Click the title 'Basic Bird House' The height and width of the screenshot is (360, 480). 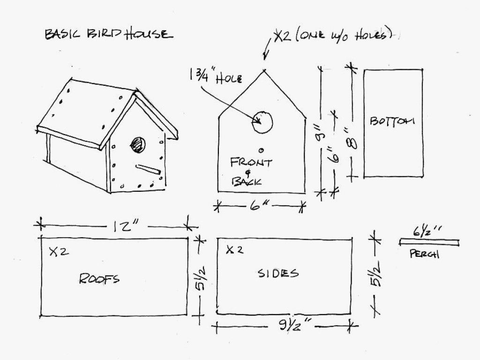[x=109, y=34]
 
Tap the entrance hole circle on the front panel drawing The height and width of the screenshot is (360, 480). [x=262, y=122]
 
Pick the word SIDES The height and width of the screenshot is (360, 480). [x=278, y=273]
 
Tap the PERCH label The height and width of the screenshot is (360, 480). [x=424, y=254]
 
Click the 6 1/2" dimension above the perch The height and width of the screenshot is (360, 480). [x=426, y=232]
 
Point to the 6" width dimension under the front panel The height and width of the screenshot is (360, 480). [x=259, y=206]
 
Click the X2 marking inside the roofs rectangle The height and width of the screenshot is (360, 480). [x=59, y=252]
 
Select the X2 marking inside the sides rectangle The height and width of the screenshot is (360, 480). [x=235, y=250]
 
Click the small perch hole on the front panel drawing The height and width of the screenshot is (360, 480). [x=261, y=150]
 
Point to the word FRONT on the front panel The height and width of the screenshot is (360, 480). [x=251, y=162]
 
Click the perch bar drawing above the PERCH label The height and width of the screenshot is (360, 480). [x=429, y=242]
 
